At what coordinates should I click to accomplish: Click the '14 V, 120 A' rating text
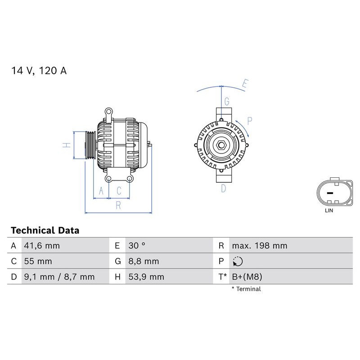(39, 71)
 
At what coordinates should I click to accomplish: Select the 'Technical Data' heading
(45, 230)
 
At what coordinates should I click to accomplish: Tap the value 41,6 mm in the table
(41, 246)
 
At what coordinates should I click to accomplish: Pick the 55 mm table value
(38, 261)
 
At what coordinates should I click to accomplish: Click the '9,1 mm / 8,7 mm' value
(59, 277)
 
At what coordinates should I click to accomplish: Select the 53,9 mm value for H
(145, 277)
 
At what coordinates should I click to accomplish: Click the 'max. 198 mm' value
(259, 246)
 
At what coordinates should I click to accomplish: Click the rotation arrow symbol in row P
(238, 261)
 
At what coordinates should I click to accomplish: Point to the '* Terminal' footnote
(246, 289)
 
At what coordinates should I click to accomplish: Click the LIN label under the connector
(329, 210)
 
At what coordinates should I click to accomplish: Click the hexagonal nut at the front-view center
(222, 145)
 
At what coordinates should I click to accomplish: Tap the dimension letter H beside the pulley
(66, 145)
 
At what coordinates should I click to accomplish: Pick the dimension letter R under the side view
(118, 205)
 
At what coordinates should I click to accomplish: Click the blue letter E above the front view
(245, 83)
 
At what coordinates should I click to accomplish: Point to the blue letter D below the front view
(223, 189)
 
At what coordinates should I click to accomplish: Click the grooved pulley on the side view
(90, 145)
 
